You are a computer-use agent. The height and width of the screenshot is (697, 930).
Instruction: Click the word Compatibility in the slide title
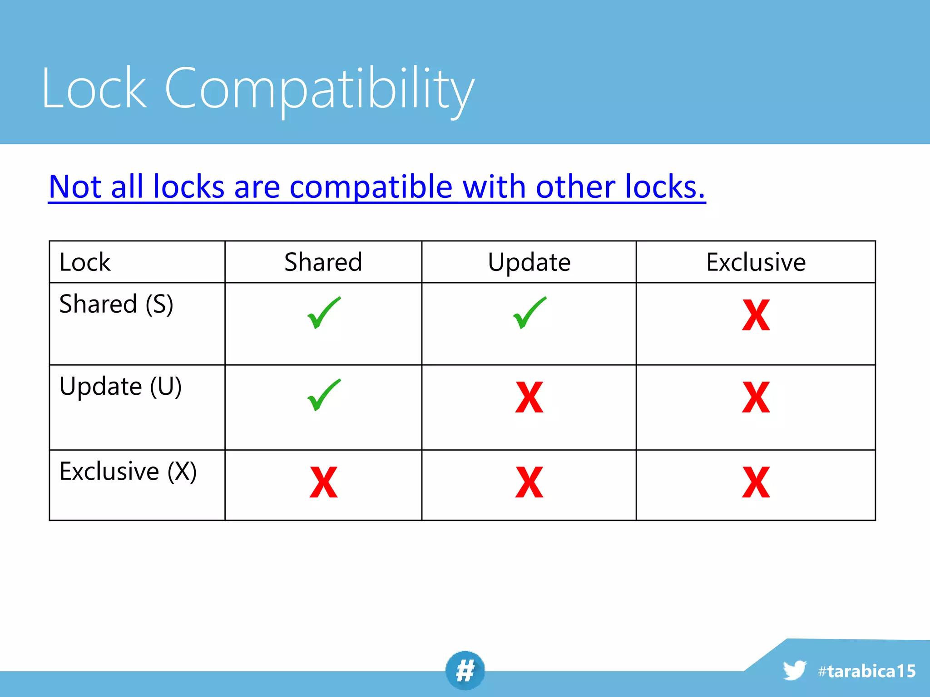[x=319, y=88]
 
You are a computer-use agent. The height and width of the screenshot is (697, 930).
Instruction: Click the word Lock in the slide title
[x=94, y=88]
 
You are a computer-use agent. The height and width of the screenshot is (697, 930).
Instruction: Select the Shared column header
[x=323, y=262]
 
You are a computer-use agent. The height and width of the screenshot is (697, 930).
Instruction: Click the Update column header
[x=529, y=262]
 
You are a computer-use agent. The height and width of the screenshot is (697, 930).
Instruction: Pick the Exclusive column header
[x=756, y=262]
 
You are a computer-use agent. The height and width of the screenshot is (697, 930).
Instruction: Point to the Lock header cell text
[x=85, y=262]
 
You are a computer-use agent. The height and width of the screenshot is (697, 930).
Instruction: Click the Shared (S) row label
[x=116, y=304]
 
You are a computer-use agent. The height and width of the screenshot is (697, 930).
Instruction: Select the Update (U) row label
[x=120, y=387]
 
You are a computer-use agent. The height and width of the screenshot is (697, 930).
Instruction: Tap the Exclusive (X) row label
[x=128, y=471]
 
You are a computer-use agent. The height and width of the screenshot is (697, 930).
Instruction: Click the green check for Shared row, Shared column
[x=323, y=313]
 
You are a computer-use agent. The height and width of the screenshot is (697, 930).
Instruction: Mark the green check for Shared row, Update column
[x=529, y=313]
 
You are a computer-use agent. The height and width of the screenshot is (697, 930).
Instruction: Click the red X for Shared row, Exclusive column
[x=756, y=315]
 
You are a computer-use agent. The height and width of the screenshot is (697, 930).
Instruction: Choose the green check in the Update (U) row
[x=323, y=395]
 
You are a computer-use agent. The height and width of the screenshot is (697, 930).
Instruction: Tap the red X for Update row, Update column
[x=529, y=398]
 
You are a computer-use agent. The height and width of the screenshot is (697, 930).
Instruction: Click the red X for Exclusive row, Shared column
[x=323, y=482]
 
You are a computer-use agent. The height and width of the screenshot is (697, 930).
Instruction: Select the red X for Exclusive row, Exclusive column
[x=756, y=482]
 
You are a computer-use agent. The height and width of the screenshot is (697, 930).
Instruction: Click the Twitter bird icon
[x=794, y=670]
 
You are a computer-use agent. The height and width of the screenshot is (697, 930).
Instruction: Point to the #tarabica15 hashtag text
[x=866, y=671]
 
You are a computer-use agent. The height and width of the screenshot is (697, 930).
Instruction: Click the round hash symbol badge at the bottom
[x=465, y=670]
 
